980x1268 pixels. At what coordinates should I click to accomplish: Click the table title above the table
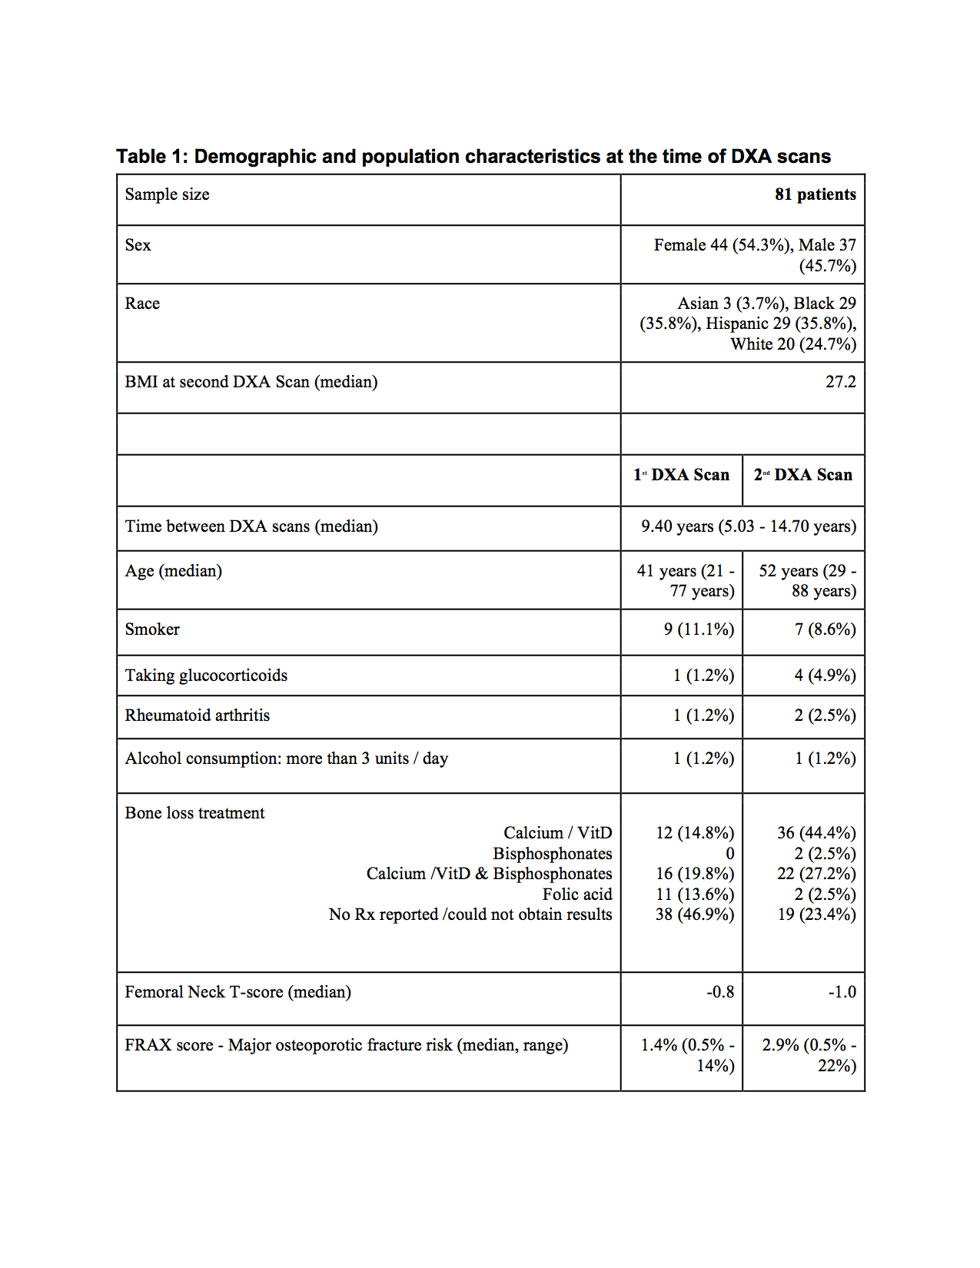point(473,157)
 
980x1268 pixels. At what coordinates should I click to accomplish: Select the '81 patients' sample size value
point(815,194)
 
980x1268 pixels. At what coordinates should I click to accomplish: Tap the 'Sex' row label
point(138,245)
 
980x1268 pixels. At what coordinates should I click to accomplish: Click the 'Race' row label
point(142,304)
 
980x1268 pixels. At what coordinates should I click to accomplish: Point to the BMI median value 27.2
point(840,382)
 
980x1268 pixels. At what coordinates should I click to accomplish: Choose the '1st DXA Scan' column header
point(682,475)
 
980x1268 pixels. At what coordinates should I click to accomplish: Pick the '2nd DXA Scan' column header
point(803,475)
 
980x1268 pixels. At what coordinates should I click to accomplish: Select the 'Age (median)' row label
point(174,571)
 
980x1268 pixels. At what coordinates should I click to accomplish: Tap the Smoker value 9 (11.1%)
point(699,629)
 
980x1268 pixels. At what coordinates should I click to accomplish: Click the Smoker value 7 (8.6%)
point(825,629)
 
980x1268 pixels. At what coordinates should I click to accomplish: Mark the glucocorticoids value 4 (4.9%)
point(825,675)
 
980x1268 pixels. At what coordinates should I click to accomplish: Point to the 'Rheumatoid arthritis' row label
point(198,715)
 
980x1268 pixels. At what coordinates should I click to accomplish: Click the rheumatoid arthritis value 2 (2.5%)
point(825,715)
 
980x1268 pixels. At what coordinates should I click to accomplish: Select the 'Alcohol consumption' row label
point(286,758)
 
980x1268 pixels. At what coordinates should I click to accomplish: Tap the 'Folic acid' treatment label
point(577,895)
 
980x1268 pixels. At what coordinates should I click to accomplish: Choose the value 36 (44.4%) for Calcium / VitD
point(816,833)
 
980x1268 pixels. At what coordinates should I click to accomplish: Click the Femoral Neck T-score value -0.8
point(720,992)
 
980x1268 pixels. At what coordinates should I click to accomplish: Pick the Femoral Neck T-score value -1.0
point(842,992)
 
